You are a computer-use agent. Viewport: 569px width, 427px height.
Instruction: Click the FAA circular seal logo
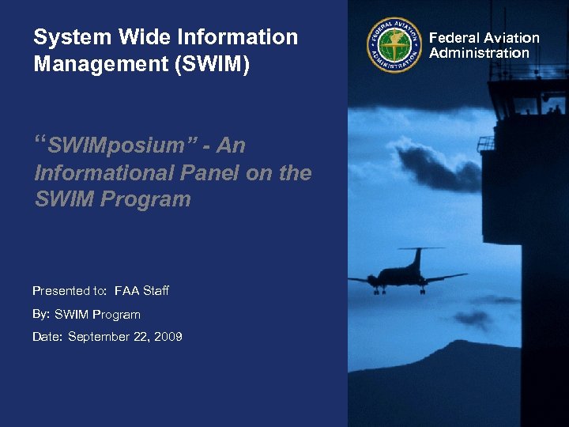pos(394,45)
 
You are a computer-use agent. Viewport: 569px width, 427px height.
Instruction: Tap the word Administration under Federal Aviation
pos(479,53)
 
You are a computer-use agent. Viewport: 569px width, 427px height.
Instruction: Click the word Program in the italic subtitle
pos(146,199)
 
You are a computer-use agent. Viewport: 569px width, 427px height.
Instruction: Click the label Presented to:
pos(70,291)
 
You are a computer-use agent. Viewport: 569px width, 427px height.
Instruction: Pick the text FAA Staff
pos(141,291)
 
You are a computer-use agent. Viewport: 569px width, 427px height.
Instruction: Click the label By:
pos(41,314)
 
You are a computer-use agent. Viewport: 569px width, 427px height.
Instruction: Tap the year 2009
pos(169,337)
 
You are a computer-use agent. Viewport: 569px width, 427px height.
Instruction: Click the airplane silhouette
pos(407,275)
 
